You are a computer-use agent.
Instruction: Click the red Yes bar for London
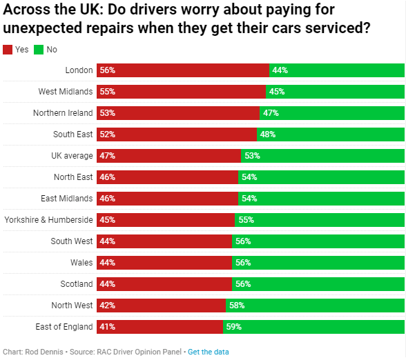pos(183,70)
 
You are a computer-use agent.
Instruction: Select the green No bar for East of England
pos(314,327)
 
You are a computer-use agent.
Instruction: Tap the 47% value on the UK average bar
pos(107,156)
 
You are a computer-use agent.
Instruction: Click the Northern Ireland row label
pos(63,113)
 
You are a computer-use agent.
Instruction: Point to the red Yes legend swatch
pos(8,50)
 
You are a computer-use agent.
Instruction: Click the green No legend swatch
pos(39,50)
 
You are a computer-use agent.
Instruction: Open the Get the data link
pos(209,352)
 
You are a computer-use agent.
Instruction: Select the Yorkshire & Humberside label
pos(48,220)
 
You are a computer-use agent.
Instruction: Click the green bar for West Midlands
pos(336,92)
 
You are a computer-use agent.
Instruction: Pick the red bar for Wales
pos(164,263)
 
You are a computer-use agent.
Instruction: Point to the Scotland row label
pos(76,284)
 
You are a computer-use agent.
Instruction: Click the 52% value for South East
pos(107,134)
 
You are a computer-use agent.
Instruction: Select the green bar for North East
pos(322,177)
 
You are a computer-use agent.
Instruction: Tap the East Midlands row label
pos(66,199)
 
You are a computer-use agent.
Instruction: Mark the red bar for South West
pos(164,241)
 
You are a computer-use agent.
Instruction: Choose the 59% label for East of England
pos(233,327)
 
